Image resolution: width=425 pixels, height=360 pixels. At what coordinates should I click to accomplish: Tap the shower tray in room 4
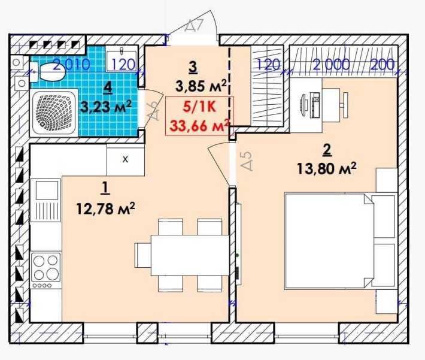click(x=54, y=114)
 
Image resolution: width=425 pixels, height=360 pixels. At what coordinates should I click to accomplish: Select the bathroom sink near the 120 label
click(x=122, y=59)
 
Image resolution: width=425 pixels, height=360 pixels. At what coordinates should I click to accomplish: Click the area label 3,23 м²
click(x=107, y=107)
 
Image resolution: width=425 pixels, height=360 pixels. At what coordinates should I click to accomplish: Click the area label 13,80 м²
click(x=326, y=169)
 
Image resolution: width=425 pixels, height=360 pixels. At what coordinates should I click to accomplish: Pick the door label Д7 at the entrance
click(x=195, y=26)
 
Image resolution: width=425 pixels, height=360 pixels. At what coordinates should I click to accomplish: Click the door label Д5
click(x=244, y=161)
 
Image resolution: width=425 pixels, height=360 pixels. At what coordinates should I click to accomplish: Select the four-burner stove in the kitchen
click(x=45, y=266)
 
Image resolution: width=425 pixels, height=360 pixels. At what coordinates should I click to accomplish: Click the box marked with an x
click(x=125, y=160)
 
